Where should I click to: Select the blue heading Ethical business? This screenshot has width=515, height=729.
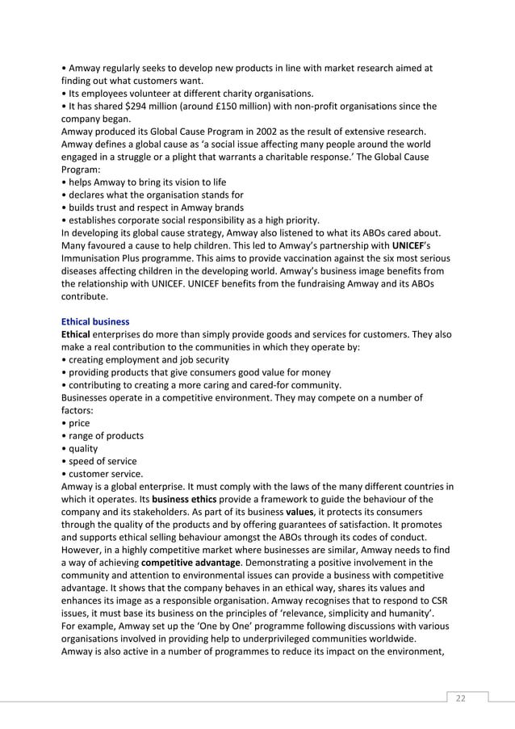[x=94, y=321]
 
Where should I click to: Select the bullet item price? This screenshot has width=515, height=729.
[x=79, y=423]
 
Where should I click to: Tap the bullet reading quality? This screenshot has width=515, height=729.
[x=83, y=449]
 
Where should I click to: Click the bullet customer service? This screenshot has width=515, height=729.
[x=106, y=474]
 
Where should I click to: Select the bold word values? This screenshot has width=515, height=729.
[x=301, y=512]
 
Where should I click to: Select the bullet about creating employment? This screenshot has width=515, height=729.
[x=149, y=359]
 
